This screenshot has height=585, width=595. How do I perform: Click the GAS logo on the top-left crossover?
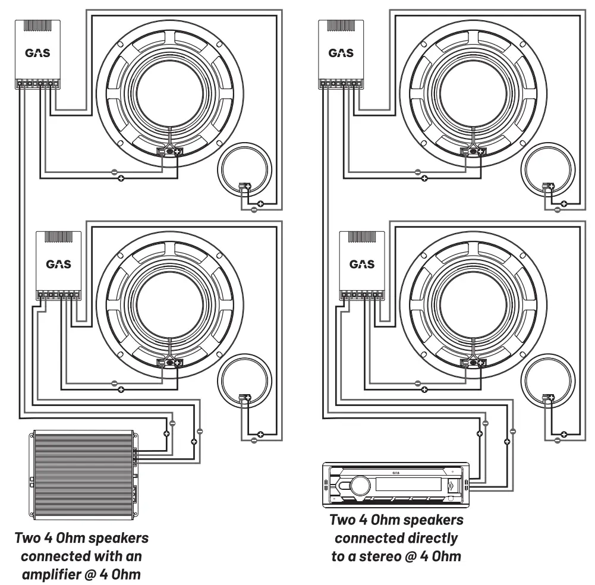pyautogui.click(x=37, y=53)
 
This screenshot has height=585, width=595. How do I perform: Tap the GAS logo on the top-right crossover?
pyautogui.click(x=341, y=53)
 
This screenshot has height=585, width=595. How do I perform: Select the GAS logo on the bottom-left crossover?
pyautogui.click(x=58, y=264)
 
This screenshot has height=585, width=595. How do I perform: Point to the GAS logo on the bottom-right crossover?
pyautogui.click(x=361, y=264)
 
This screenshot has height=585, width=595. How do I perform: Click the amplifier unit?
pyautogui.click(x=82, y=473)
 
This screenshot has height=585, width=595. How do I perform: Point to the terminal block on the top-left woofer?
pyautogui.click(x=170, y=152)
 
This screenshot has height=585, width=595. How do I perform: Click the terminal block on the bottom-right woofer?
pyautogui.click(x=474, y=363)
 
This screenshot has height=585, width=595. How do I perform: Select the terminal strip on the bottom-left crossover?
pyautogui.click(x=58, y=294)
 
